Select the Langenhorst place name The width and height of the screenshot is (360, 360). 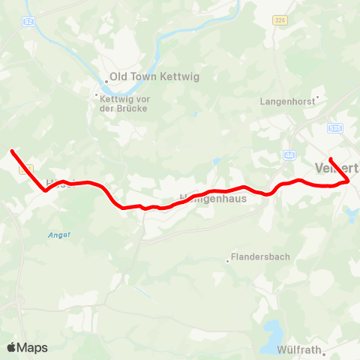[x=286, y=100]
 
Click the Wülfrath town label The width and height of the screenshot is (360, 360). [x=300, y=349]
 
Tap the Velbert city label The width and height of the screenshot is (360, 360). [x=337, y=166]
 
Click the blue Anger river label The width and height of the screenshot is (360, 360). [x=60, y=235]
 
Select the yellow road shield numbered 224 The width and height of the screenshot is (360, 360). [x=280, y=20]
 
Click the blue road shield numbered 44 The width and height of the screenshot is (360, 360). [x=289, y=155]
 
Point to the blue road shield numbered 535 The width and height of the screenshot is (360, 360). [x=334, y=128]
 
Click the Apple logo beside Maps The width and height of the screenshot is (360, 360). [x=12, y=347]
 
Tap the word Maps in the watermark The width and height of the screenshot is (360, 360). [x=32, y=347]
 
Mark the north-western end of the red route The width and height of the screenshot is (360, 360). [x=12, y=151]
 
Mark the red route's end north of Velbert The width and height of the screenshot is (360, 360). [x=331, y=159]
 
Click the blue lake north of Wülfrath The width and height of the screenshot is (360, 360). [x=272, y=329]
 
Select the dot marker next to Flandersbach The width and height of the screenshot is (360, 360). [x=228, y=261]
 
